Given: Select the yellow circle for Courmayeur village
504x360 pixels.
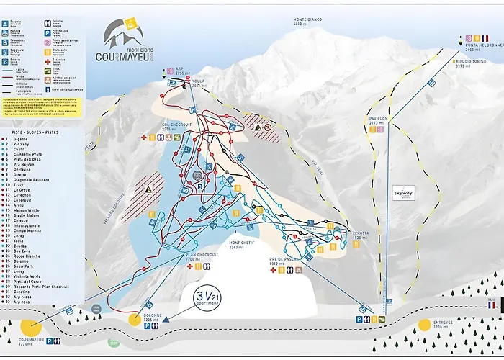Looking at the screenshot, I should pyautogui.click(x=30, y=325).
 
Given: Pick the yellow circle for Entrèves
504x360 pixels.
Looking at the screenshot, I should pyautogui.click(x=424, y=325).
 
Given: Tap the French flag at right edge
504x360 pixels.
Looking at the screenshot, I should pyautogui.click(x=492, y=305).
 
